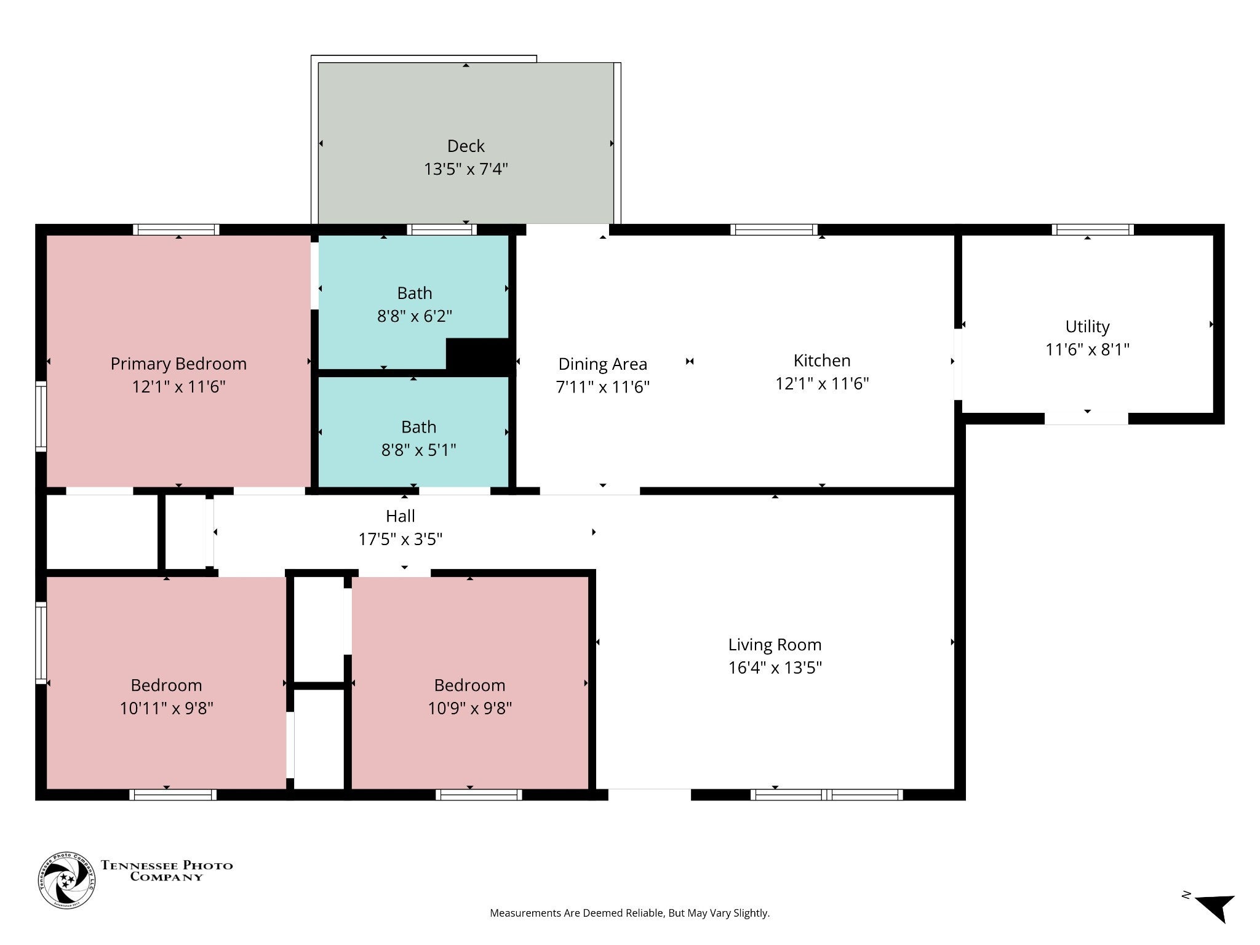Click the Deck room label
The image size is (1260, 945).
(x=466, y=146)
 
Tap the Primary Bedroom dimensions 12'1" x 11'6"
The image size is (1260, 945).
(x=178, y=387)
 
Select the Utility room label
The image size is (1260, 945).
(x=1087, y=327)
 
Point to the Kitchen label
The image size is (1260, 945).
(x=822, y=361)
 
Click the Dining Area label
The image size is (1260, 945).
(x=602, y=364)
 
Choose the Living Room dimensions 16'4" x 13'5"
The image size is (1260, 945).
(x=775, y=668)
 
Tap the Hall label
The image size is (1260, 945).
(x=401, y=516)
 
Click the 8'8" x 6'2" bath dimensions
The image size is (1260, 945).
(x=415, y=316)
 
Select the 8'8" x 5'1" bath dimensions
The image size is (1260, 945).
(x=419, y=450)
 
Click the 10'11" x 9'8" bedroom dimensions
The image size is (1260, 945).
(x=166, y=708)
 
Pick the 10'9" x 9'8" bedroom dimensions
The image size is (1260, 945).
(x=470, y=708)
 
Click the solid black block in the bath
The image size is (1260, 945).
(x=480, y=356)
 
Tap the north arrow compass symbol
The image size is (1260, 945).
(x=1214, y=908)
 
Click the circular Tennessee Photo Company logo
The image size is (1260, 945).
(x=67, y=880)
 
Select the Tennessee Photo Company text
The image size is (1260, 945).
(x=167, y=871)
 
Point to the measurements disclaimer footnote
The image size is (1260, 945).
(x=629, y=913)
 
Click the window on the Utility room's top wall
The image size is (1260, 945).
(x=1093, y=229)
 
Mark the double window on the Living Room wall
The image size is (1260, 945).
(x=826, y=794)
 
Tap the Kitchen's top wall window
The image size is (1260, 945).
(x=774, y=229)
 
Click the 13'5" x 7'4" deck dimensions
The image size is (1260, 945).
(x=466, y=169)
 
